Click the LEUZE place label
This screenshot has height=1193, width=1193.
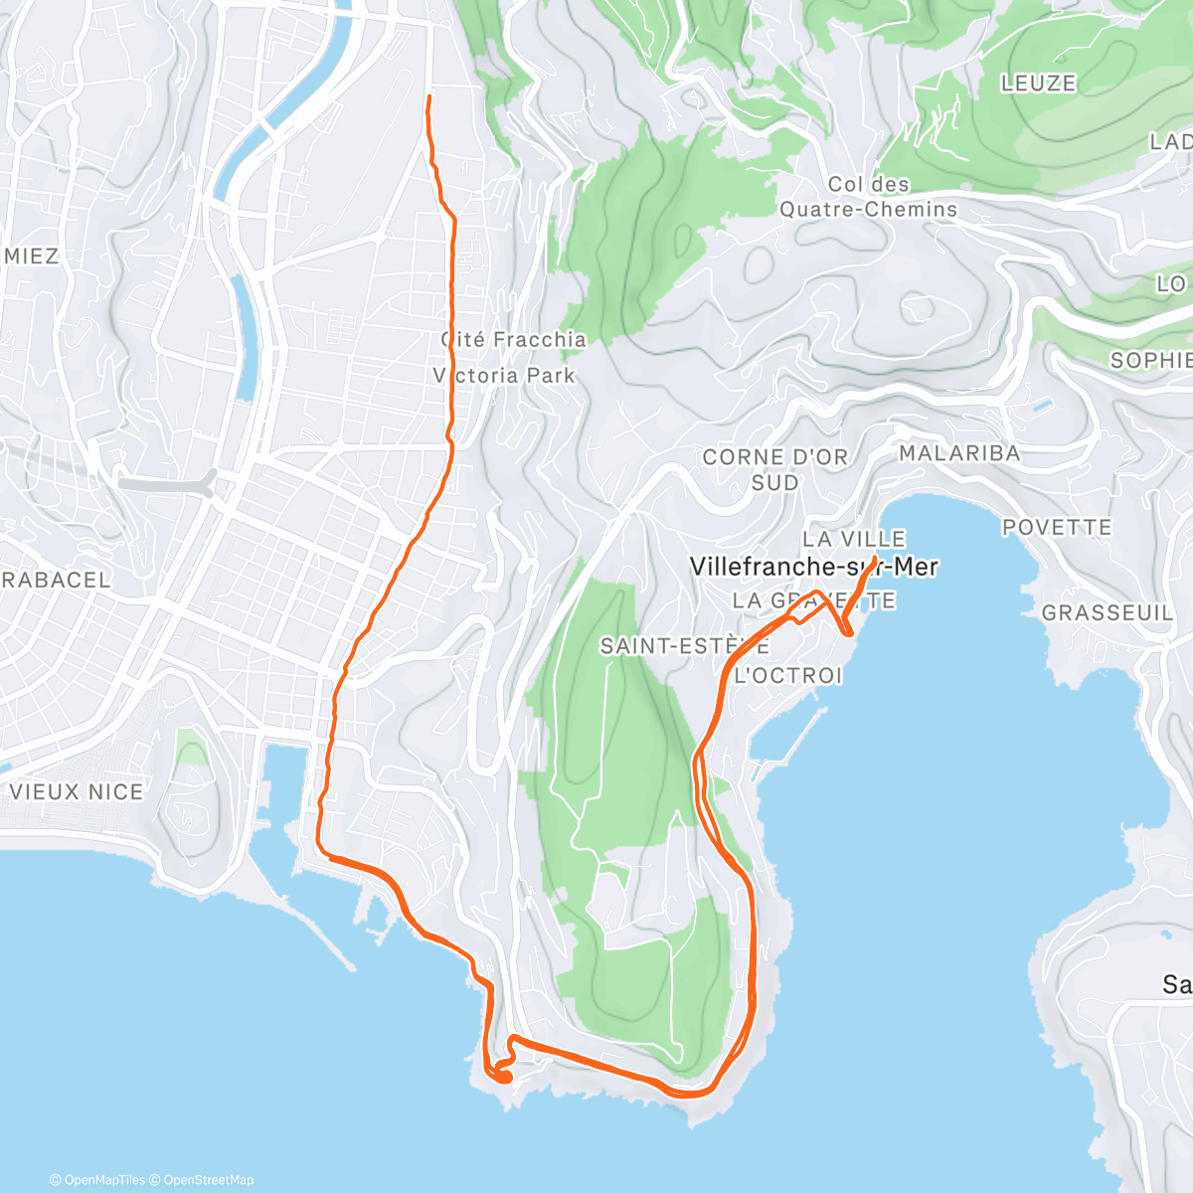[x=1038, y=84]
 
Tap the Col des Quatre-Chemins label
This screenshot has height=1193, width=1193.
[x=868, y=197]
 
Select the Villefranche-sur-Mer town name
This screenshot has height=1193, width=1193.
[x=813, y=567]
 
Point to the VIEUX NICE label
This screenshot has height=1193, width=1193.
[x=77, y=792]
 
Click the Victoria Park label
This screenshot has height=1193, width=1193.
[x=504, y=376]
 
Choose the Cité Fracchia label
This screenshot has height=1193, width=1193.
[x=514, y=340]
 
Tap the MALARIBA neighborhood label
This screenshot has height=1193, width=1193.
[x=959, y=453]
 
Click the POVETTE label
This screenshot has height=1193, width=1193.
[x=1056, y=527]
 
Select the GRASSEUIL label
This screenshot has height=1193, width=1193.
[x=1107, y=613]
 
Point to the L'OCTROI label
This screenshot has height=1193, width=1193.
[x=787, y=676]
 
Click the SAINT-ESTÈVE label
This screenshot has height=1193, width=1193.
[x=684, y=646]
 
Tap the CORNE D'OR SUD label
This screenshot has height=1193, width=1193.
[x=775, y=469]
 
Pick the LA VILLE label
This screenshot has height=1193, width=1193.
[x=854, y=539]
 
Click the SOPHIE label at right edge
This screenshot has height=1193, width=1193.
[x=1151, y=360]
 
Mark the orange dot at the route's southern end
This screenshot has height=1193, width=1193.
[x=503, y=1076]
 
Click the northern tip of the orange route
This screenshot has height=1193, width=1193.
[x=428, y=96]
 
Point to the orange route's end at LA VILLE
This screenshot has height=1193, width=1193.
[x=874, y=559]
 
